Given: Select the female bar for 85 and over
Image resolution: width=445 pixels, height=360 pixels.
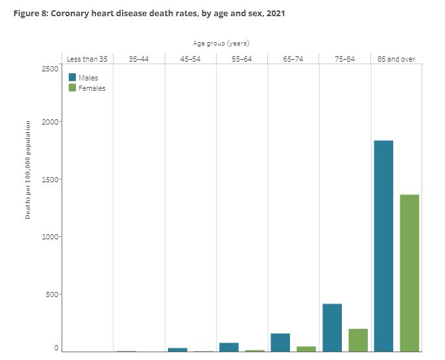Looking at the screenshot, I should point(409,272).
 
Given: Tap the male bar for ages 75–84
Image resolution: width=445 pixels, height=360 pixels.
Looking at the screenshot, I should point(332,327).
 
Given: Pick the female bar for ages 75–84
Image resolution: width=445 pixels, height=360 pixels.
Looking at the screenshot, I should point(358,339).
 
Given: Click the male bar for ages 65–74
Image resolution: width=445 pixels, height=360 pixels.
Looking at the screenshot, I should point(280,342).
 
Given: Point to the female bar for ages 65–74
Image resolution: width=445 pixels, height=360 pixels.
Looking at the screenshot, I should point(306,348).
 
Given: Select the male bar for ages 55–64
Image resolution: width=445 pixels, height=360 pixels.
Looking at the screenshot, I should point(229,346).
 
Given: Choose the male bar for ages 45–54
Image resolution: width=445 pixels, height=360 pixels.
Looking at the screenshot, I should point(177,349).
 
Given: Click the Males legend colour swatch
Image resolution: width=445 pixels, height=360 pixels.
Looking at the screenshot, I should point(73,78).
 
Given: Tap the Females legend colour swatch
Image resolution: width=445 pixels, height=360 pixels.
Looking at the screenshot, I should point(73,88).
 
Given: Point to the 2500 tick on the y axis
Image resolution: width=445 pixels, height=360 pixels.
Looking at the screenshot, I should point(50,68).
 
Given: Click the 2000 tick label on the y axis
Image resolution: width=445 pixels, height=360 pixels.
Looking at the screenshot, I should point(50,122).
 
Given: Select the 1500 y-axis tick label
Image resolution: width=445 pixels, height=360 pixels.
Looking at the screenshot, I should point(50,180).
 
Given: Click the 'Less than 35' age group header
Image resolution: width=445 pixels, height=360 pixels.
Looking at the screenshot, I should point(87,59).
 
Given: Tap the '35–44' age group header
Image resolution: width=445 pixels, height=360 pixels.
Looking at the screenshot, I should point(139,59).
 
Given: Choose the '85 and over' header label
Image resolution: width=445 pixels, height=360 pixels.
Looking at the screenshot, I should point(396,59).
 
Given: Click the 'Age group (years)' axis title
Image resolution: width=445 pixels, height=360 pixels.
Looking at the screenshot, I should point(221,43).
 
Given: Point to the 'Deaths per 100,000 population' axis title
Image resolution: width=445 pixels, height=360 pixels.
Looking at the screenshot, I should point(29,169).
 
